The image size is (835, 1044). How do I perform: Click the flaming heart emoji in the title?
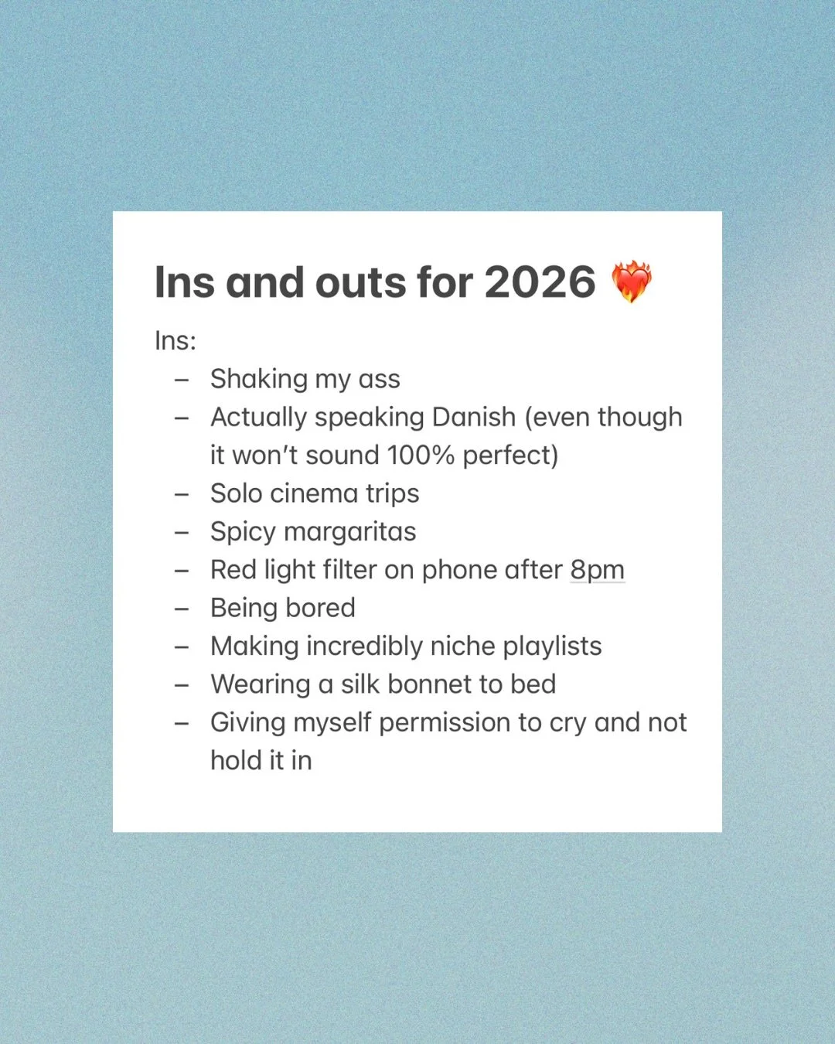point(632,281)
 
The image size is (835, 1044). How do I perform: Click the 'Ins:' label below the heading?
point(176,340)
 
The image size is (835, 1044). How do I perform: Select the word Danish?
point(473,417)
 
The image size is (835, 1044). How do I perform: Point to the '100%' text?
point(421,455)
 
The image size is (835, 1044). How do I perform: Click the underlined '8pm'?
point(597,570)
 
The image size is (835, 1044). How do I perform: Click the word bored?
point(320,608)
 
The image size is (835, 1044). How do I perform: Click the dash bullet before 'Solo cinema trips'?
point(182,493)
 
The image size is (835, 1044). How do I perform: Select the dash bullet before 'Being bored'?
point(182,608)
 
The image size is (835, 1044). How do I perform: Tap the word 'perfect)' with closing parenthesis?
point(510,455)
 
